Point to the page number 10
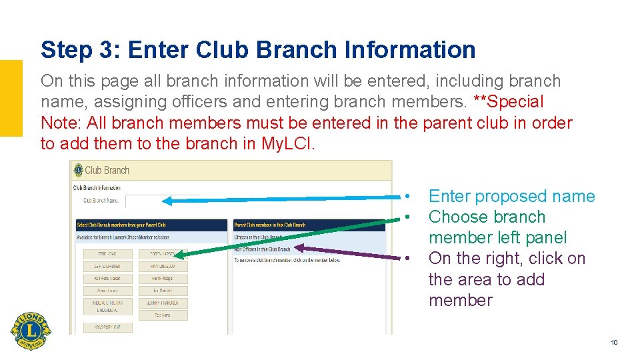pyautogui.click(x=614, y=343)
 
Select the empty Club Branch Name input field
pyautogui.click(x=161, y=201)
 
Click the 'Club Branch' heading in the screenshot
pyautogui.click(x=107, y=171)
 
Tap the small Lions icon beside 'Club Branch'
pyautogui.click(x=78, y=171)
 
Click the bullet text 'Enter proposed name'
pyautogui.click(x=511, y=197)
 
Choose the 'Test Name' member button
pyautogui.click(x=163, y=315)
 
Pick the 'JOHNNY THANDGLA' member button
pyautogui.click(x=163, y=303)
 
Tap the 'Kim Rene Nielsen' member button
pyautogui.click(x=107, y=279)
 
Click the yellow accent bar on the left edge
pyautogui.click(x=11, y=98)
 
